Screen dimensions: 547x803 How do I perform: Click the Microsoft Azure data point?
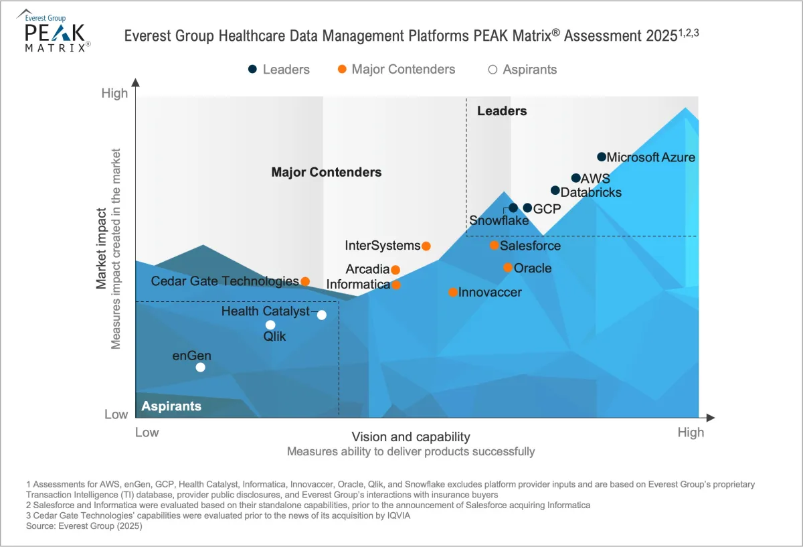tap(602, 157)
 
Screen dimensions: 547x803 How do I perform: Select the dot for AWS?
tap(575, 178)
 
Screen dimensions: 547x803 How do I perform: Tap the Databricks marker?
tap(555, 191)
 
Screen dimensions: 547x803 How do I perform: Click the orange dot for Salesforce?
tap(495, 246)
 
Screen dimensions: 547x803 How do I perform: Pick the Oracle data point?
tap(508, 268)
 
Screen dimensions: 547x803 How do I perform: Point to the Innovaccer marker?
tap(453, 293)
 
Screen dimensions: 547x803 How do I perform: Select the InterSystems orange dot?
tap(426, 246)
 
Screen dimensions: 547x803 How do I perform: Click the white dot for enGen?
tap(200, 367)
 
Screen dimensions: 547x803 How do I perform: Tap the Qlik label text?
tap(274, 337)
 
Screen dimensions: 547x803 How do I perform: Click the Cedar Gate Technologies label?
tap(225, 281)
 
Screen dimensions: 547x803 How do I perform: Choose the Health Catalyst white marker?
tap(322, 315)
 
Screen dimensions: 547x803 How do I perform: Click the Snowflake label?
tap(499, 221)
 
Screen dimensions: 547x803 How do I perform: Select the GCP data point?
tap(527, 208)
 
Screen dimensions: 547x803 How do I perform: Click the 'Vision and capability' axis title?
tap(411, 437)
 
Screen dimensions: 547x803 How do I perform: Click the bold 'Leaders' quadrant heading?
tap(502, 111)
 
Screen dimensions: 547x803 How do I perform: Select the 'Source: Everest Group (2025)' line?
tap(84, 526)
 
